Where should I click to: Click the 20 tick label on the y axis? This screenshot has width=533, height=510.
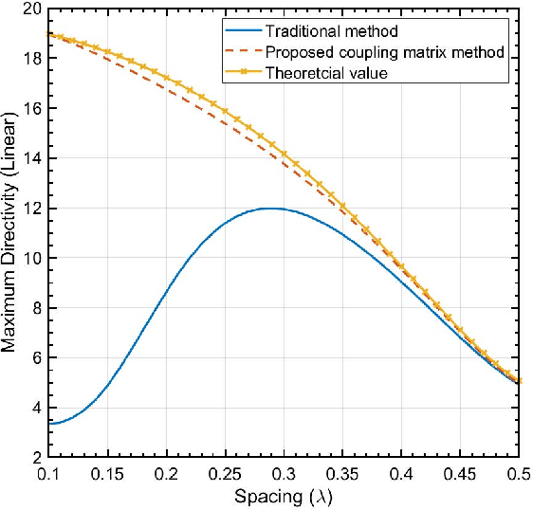tap(28, 9)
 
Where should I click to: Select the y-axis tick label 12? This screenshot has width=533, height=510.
tap(28, 208)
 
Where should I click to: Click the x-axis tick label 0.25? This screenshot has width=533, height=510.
tap(226, 472)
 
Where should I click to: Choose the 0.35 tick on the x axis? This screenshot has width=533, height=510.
tap(343, 472)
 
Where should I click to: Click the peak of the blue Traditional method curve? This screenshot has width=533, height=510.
tap(270, 208)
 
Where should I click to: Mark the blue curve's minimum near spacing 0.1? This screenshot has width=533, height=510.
tap(55, 423)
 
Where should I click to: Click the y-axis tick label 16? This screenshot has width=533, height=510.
tap(28, 108)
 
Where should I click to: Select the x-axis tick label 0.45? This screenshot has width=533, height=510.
tap(461, 472)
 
